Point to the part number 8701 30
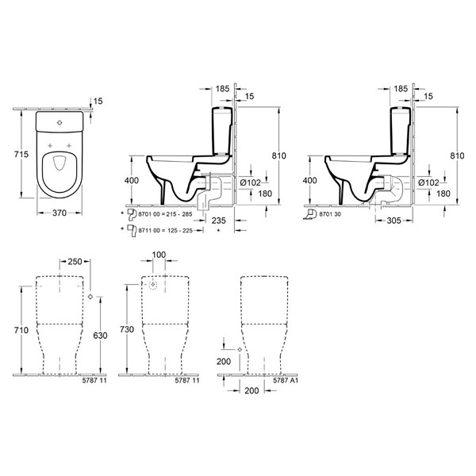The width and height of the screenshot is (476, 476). click(332, 215)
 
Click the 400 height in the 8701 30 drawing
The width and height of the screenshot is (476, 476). click(309, 181)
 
